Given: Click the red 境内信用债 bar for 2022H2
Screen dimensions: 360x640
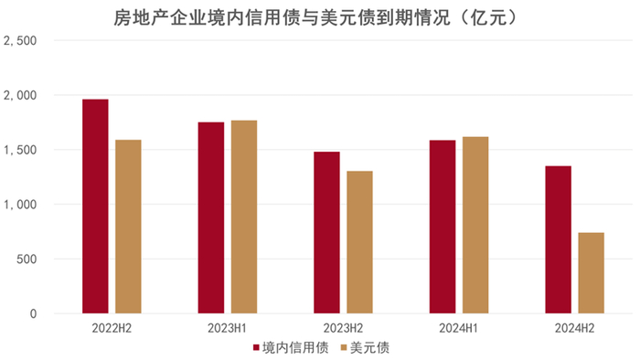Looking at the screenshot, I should tap(95, 206).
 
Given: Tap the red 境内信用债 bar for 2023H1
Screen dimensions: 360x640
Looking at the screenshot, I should tap(211, 218).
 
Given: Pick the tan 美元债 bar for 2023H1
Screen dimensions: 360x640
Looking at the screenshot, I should tap(244, 217).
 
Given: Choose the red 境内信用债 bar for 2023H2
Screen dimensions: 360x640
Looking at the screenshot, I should tap(326, 233).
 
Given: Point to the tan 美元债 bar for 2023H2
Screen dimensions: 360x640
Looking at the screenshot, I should tap(359, 242).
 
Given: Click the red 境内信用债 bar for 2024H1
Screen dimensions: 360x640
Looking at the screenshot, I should tap(443, 227).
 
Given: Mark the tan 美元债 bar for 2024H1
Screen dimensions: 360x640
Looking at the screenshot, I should tap(475, 225).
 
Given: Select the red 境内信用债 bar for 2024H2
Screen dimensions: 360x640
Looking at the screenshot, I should tap(558, 239).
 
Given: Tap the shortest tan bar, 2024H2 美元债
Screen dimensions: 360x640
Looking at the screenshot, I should tap(591, 273).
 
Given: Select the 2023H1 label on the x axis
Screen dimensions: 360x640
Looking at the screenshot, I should tap(227, 328).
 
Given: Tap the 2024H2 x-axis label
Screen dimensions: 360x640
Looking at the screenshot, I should tap(574, 328).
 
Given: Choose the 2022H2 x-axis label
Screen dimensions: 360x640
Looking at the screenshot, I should tap(112, 328).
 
